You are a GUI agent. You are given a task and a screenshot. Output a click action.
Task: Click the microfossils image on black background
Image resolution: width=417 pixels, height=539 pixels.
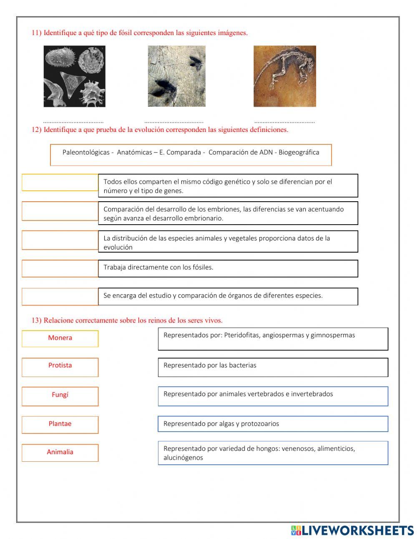pos(74,76)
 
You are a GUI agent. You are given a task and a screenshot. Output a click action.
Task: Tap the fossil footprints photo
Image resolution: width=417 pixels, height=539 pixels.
pos(176,76)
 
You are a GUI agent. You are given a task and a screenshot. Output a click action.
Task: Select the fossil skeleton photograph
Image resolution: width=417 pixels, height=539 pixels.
pos(284,76)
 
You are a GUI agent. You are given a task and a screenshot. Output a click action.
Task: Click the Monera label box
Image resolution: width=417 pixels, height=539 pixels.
pos(60,339)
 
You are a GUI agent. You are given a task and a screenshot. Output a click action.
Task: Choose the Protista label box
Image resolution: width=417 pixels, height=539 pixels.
pos(60,367)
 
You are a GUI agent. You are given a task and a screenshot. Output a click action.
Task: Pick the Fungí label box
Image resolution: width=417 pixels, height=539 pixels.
pos(60,396)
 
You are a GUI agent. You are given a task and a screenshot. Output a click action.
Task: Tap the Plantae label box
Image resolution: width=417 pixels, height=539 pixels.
pos(60,425)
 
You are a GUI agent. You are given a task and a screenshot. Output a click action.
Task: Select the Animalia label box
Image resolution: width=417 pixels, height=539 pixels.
pos(60,453)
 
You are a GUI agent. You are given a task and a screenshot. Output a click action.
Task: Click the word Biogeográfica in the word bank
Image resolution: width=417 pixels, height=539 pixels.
pos(299,152)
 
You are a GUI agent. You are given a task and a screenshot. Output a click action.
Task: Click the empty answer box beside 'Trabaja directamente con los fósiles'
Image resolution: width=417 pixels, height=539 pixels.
pos(60,268)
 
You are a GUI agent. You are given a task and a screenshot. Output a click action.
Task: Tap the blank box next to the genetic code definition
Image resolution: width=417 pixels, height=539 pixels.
pos(60,182)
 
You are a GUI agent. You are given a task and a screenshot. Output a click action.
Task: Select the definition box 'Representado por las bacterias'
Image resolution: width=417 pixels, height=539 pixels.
pos(273,367)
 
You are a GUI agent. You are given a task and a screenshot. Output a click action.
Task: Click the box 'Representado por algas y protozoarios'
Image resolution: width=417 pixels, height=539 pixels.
pos(273,424)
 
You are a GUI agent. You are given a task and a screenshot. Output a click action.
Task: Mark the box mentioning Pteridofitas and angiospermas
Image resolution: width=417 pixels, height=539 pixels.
pos(273,339)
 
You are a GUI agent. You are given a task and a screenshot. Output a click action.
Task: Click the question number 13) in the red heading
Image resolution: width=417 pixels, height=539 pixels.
pos(37,320)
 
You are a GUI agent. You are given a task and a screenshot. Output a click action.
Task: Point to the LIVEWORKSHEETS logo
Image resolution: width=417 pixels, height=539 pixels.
pos(352,530)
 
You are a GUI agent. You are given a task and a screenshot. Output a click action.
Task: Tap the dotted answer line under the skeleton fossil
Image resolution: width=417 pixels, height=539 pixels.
pos(284,122)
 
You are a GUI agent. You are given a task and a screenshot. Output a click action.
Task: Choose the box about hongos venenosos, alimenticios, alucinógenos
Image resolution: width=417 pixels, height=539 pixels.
pos(273,453)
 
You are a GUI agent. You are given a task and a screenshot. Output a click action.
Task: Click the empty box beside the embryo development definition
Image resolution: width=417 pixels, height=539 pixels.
pos(60,211)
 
